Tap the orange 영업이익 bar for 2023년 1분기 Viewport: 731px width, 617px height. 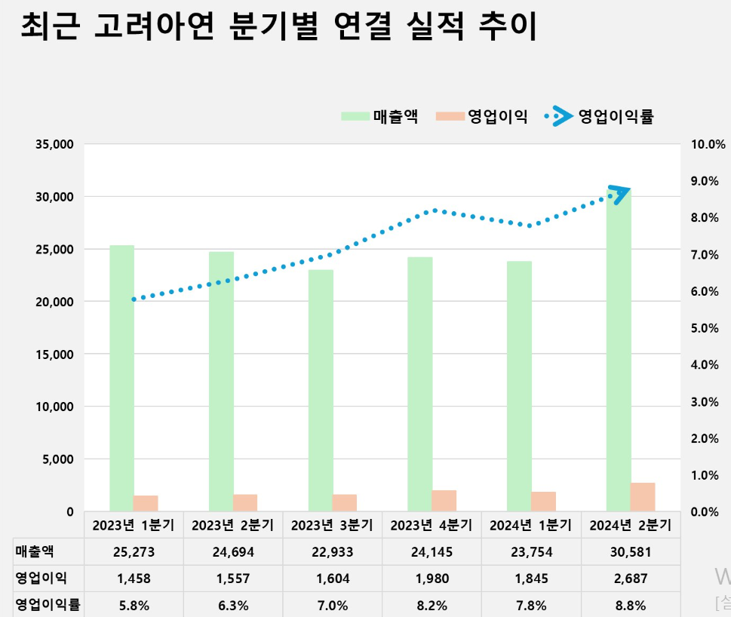[146, 503]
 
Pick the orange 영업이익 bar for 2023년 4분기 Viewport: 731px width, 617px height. [444, 501]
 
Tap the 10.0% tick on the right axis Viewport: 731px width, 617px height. [708, 145]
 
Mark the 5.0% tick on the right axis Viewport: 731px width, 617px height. [708, 329]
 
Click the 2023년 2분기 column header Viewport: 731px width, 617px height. [233, 525]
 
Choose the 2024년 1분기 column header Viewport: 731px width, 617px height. [531, 525]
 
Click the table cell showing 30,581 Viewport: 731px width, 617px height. [631, 552]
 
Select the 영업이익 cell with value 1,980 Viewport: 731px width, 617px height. [432, 579]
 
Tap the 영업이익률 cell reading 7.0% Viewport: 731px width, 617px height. [333, 605]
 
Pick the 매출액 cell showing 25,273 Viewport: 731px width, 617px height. [134, 552]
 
